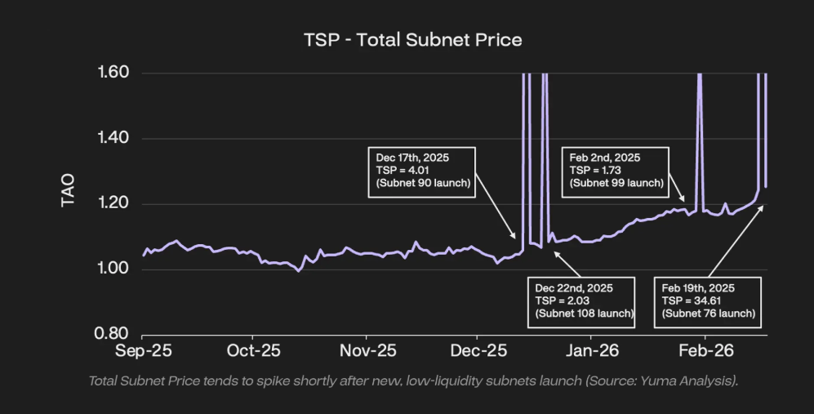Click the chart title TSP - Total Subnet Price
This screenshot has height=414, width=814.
tap(412, 39)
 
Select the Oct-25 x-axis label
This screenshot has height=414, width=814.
tap(254, 351)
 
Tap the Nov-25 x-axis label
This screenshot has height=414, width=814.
tap(367, 351)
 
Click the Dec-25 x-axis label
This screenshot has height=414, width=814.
tap(478, 351)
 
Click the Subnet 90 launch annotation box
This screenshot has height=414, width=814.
tap(423, 170)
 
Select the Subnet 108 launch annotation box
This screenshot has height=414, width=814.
tap(584, 300)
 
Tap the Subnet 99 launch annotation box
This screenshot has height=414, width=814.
tap(615, 170)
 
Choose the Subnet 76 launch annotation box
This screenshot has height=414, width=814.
tap(708, 300)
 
